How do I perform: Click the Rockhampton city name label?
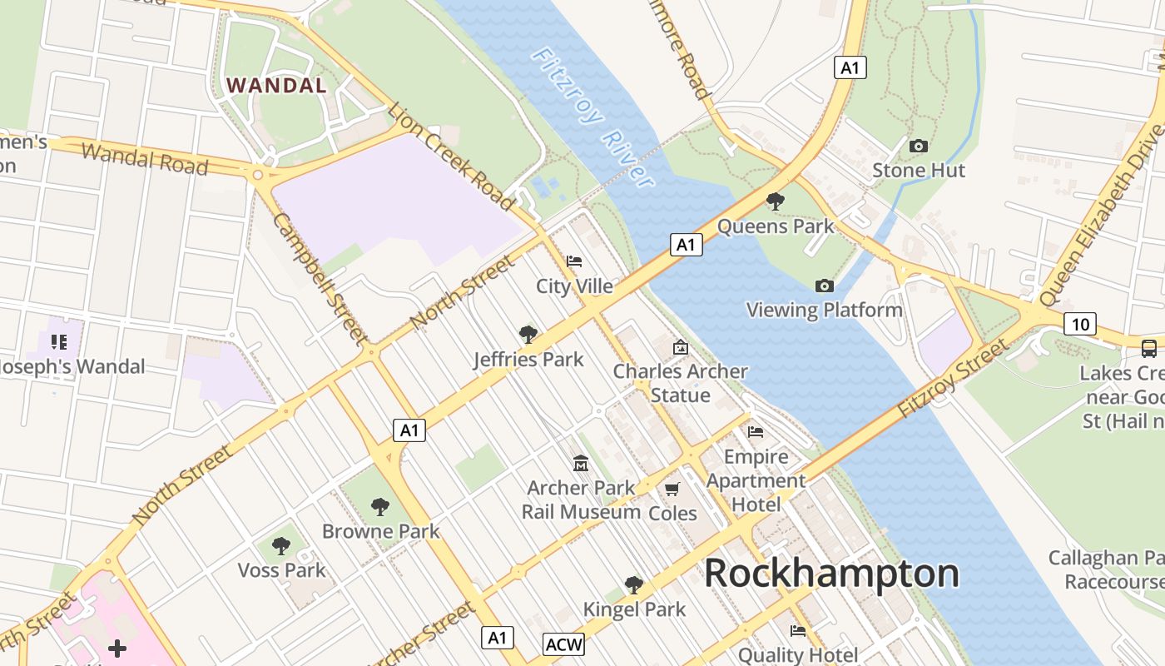click(x=831, y=574)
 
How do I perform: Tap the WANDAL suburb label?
click(x=276, y=85)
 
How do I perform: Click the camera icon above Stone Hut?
click(x=919, y=147)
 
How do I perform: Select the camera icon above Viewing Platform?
click(x=824, y=286)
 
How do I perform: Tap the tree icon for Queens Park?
click(x=775, y=201)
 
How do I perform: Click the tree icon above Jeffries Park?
click(x=528, y=335)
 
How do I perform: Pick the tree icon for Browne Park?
click(x=380, y=506)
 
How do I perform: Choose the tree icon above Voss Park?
click(x=281, y=546)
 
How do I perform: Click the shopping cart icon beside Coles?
click(x=672, y=490)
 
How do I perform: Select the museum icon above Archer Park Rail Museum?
click(x=580, y=463)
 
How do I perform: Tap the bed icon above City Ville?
click(x=574, y=261)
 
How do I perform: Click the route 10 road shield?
click(x=1079, y=324)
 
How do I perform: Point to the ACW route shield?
click(x=564, y=644)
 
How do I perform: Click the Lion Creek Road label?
click(x=450, y=155)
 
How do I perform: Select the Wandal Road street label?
click(x=145, y=158)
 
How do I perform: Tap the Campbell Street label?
click(x=319, y=278)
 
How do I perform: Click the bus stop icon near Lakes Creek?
click(x=1149, y=349)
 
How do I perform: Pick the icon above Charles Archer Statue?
click(x=681, y=347)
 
